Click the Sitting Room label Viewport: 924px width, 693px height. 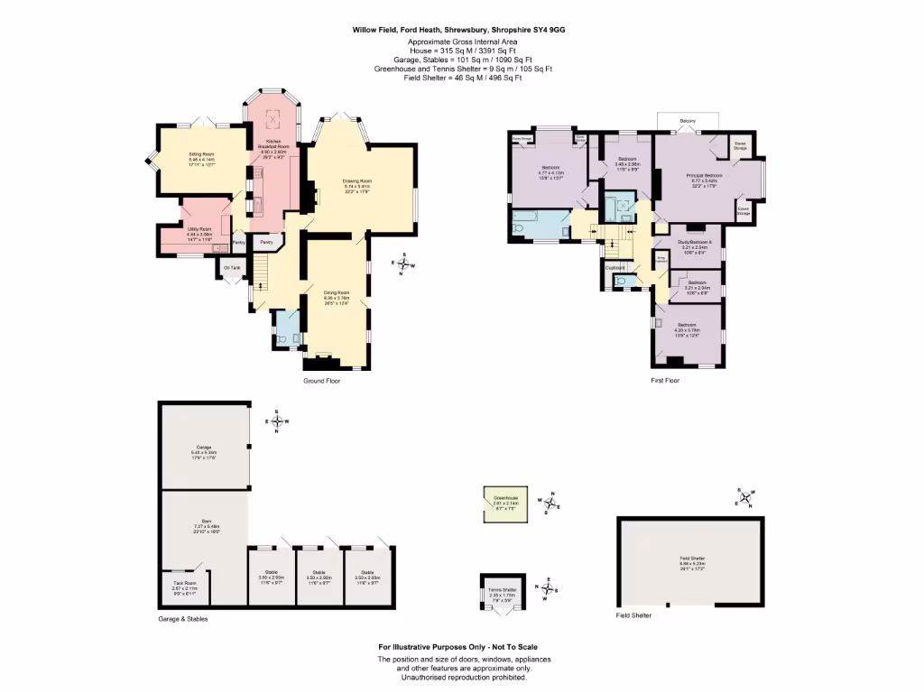[201, 154]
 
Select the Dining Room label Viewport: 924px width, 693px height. [337, 292]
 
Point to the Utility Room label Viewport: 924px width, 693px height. [199, 229]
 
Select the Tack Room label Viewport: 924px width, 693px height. [184, 583]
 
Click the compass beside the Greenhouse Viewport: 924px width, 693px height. [550, 504]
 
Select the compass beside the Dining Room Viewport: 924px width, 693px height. [403, 264]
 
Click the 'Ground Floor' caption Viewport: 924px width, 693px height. [321, 381]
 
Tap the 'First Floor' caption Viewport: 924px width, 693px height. [665, 381]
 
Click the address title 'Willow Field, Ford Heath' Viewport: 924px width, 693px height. [459, 29]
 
